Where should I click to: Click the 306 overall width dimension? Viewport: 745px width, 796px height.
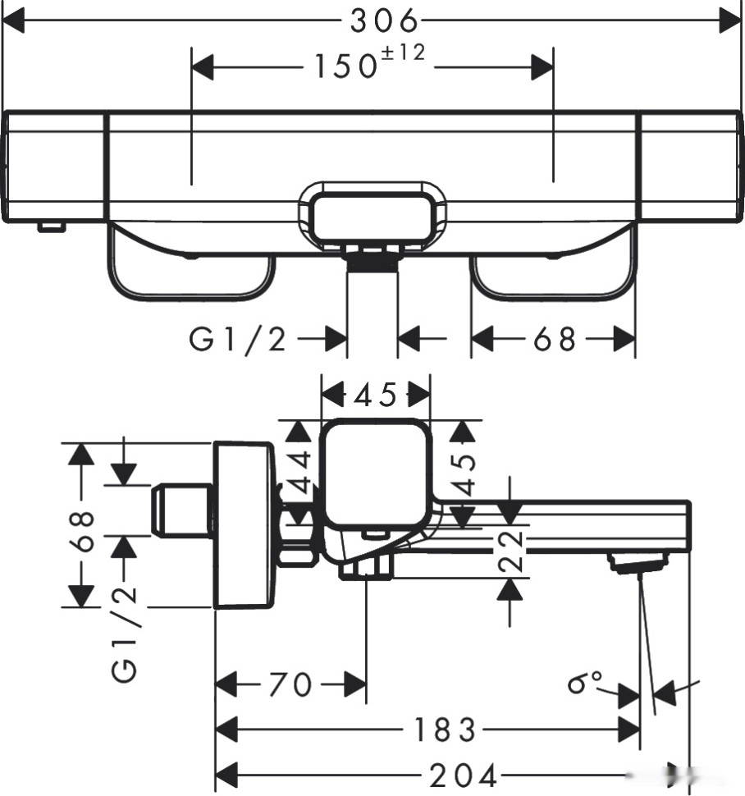point(384,21)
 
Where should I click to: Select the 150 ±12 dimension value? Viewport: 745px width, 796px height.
point(369,65)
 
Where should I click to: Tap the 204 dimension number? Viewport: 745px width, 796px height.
point(463,774)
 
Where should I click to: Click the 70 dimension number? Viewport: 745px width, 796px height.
point(290,684)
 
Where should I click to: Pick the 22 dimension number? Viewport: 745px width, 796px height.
point(510,551)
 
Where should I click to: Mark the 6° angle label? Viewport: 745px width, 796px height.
point(585,681)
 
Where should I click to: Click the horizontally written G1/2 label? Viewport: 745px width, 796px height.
point(238,338)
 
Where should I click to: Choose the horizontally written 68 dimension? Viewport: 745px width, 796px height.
point(555,338)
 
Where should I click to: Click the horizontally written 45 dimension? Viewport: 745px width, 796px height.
point(375,395)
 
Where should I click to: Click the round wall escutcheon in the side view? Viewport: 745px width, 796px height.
point(242,525)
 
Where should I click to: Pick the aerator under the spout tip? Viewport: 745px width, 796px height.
point(636,562)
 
